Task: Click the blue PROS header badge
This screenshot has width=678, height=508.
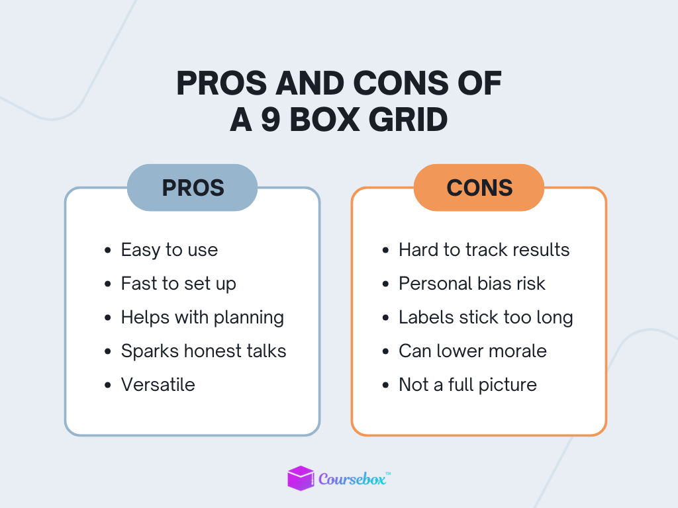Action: coord(192,188)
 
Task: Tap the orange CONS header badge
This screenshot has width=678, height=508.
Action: coord(479,188)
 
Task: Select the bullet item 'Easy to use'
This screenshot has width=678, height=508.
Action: coord(169,250)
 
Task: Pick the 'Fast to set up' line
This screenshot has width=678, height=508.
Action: coord(178,284)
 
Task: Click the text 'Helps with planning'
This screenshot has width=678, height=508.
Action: coord(202,317)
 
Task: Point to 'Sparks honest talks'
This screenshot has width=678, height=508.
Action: coord(203,351)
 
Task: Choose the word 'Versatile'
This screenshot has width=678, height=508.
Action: coord(158,385)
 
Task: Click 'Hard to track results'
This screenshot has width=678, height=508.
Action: coord(483,250)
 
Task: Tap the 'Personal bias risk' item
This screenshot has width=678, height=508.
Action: coord(471,284)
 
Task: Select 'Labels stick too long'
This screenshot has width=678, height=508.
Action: coord(485,317)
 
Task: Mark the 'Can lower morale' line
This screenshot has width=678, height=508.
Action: coord(472,351)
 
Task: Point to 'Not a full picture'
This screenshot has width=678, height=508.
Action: coord(467,385)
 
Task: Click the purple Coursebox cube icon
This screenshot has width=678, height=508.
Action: coord(301,478)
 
